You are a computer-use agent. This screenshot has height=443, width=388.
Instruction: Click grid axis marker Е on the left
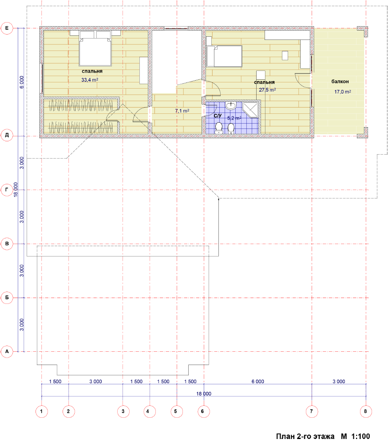click(x=7, y=28)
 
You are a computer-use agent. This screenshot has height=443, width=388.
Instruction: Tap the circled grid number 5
click(x=176, y=412)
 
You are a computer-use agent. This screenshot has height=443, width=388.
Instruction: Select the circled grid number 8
click(x=366, y=412)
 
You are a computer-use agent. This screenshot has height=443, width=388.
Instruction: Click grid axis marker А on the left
click(x=7, y=352)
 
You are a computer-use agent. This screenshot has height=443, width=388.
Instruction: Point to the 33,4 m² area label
click(x=90, y=80)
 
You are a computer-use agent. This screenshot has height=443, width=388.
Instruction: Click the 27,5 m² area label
click(x=267, y=90)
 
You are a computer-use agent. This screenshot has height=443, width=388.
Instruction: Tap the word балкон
click(x=340, y=82)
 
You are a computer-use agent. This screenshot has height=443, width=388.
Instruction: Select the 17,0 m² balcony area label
click(x=343, y=92)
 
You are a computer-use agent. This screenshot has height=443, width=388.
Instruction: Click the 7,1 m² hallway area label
click(x=182, y=111)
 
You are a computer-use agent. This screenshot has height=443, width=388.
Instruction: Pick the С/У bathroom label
click(x=218, y=116)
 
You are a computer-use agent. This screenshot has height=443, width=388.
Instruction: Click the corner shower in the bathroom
click(x=251, y=109)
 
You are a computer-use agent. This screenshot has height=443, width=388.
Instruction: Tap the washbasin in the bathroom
click(x=231, y=106)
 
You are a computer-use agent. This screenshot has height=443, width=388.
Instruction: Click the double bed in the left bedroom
click(x=95, y=48)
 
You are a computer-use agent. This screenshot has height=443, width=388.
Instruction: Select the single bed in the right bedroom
click(x=224, y=56)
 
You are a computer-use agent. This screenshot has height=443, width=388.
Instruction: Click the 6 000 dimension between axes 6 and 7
click(x=258, y=381)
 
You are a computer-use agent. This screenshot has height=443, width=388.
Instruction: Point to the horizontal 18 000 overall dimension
click(x=204, y=393)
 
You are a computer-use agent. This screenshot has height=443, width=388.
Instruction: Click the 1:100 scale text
click(x=360, y=436)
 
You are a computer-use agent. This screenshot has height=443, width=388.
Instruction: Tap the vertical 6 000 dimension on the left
click(x=22, y=82)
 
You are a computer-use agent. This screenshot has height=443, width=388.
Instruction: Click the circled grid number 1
click(x=42, y=412)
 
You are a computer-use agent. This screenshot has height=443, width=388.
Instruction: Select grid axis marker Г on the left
click(x=7, y=190)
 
